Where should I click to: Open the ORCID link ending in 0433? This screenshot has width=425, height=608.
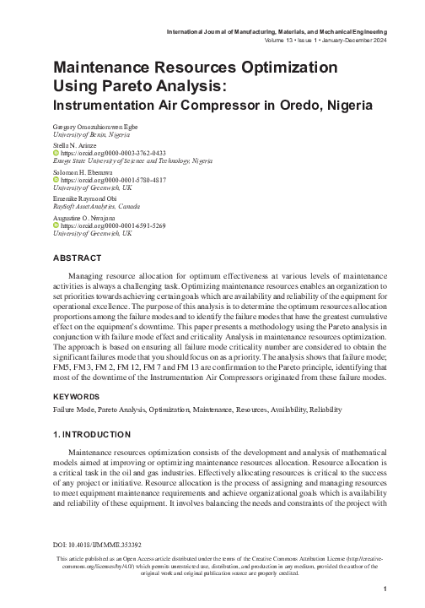click(112, 153)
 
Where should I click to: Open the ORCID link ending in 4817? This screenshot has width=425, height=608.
click(112, 180)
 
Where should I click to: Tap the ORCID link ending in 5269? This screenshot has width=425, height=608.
click(112, 226)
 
